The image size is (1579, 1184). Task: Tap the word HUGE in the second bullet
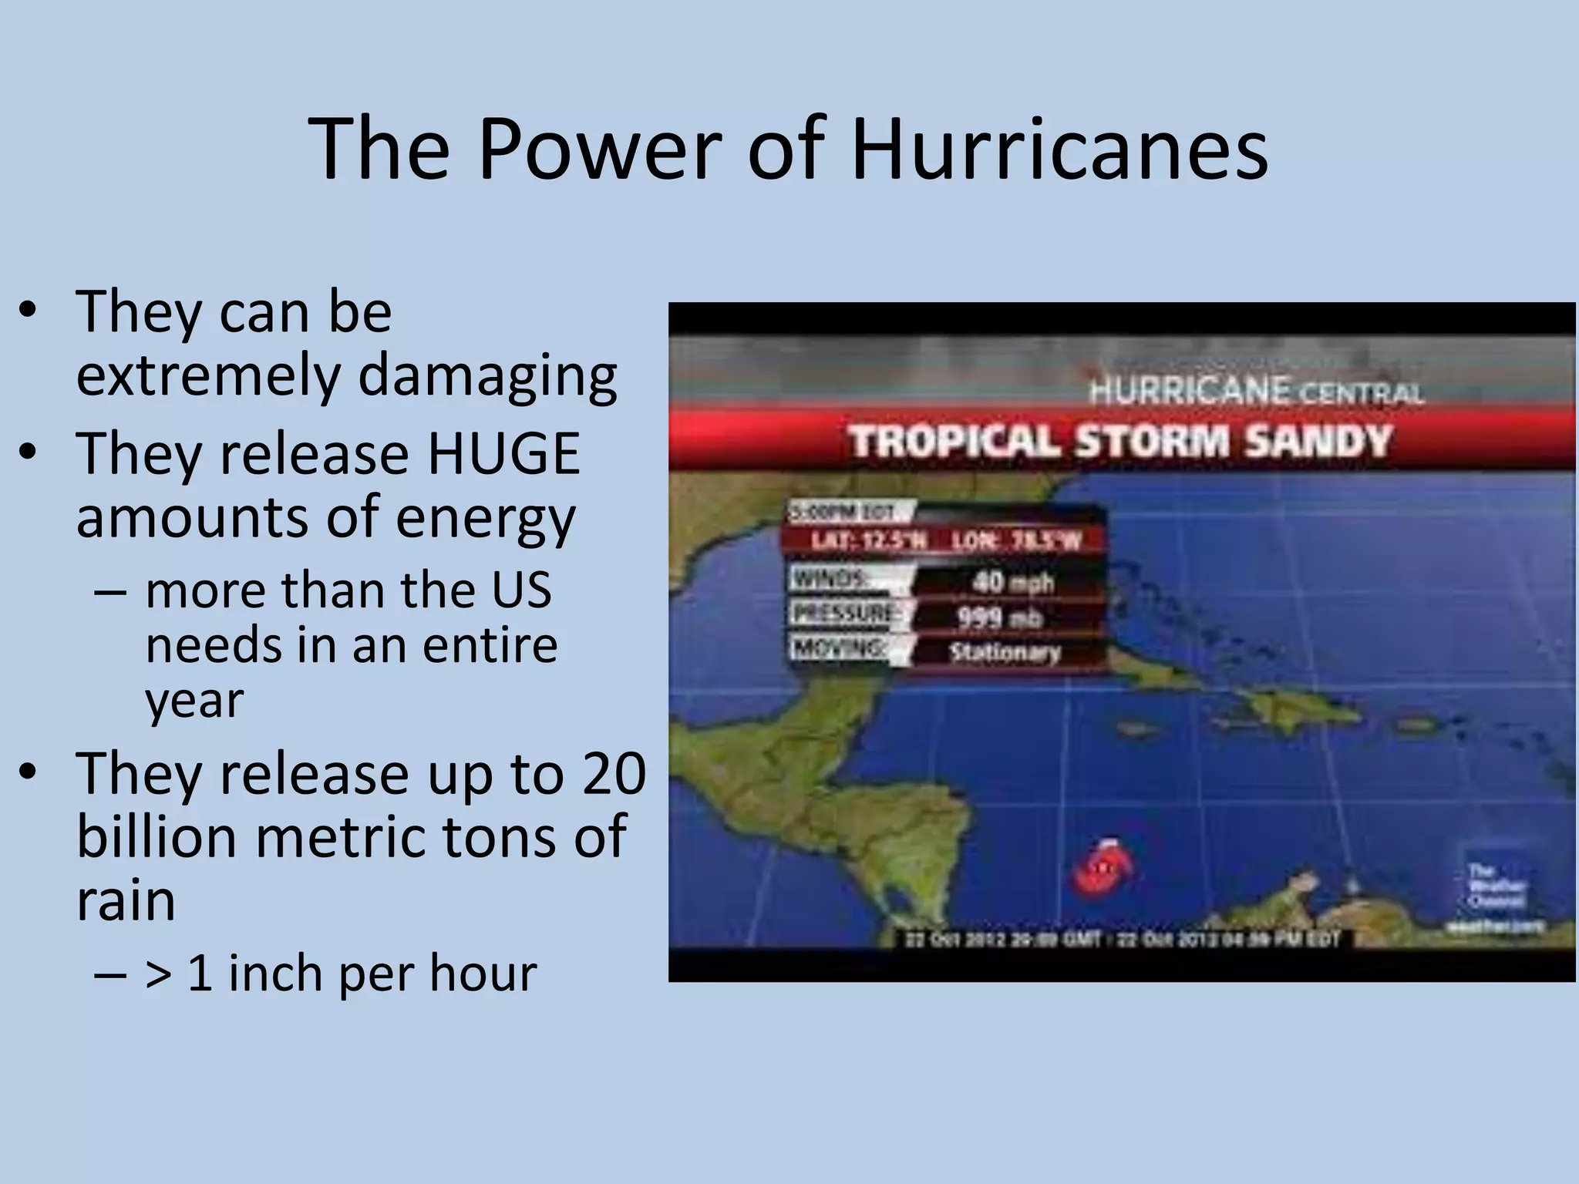[503, 455]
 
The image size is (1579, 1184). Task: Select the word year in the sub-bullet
[194, 701]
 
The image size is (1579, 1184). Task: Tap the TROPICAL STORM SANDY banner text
[1119, 443]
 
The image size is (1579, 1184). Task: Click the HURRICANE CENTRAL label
[1256, 392]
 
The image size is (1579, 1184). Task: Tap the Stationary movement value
[1005, 653]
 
